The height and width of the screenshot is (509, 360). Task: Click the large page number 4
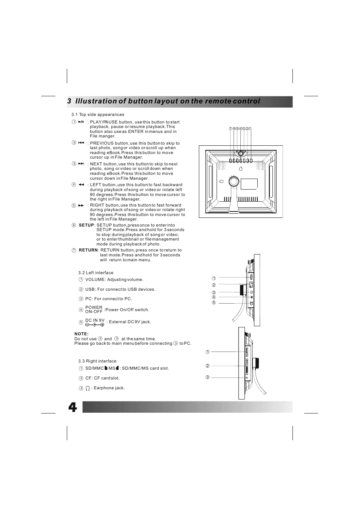(72, 407)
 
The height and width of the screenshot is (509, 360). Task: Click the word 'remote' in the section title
(218, 101)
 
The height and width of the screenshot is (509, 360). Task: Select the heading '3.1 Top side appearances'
(98, 114)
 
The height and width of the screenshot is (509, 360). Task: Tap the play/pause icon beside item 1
(81, 122)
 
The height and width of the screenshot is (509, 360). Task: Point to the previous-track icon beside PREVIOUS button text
(81, 143)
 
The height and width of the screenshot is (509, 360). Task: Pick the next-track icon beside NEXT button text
(81, 163)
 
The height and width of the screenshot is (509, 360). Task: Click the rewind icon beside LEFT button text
(81, 185)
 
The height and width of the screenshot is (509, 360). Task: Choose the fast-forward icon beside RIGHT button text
(81, 205)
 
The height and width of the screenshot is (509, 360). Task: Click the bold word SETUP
(86, 225)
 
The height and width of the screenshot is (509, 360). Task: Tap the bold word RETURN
(88, 250)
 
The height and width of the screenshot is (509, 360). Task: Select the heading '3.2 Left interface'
(96, 273)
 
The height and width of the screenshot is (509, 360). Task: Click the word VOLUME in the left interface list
(95, 279)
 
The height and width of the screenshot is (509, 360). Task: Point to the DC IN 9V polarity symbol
(94, 325)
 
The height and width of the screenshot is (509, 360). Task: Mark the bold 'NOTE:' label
(82, 334)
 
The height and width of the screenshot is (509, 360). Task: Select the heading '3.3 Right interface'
(97, 361)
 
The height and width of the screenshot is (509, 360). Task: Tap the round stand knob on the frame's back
(234, 182)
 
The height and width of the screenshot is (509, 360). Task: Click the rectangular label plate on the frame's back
(249, 184)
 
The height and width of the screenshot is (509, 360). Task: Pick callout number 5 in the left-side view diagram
(214, 303)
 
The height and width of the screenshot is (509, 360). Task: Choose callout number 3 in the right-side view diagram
(207, 377)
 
